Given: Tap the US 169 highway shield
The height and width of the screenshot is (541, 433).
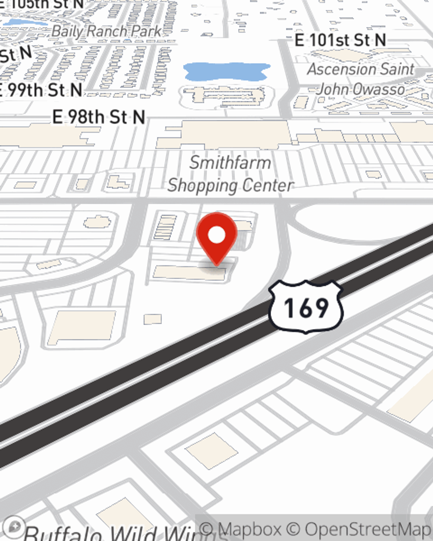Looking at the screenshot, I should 306,307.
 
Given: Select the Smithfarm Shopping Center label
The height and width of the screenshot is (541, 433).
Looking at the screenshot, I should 230,174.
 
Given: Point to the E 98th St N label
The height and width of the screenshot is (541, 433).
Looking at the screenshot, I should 99,117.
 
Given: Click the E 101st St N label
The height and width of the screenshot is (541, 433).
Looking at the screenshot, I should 340,40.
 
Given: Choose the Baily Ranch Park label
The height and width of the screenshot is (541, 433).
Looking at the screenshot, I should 107,31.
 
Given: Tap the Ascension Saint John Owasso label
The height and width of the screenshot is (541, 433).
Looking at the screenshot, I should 361,79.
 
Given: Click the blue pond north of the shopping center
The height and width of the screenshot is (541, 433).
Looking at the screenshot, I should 226,71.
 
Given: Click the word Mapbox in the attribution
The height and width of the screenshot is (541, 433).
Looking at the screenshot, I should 249,529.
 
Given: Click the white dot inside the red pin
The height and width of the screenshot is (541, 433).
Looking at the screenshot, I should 216,235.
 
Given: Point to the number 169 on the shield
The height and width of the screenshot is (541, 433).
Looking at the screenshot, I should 306,308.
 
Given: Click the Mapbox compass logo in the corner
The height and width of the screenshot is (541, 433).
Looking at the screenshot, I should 14,526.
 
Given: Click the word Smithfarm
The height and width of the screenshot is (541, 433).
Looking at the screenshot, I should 230,163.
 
